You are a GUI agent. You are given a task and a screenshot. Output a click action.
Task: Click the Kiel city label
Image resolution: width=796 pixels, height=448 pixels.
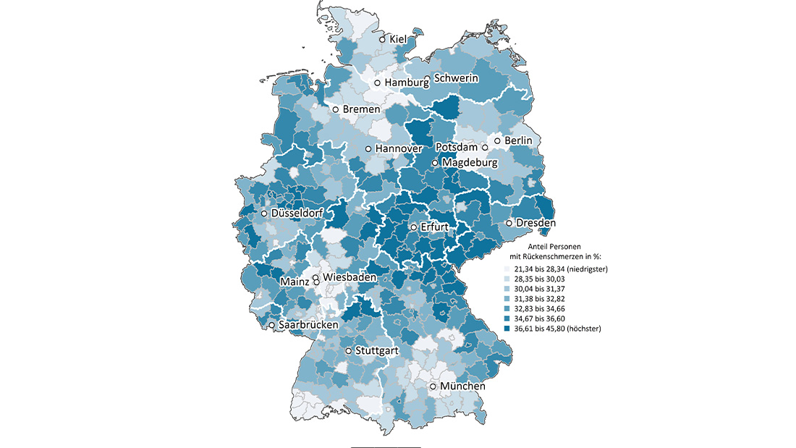click(x=399, y=39)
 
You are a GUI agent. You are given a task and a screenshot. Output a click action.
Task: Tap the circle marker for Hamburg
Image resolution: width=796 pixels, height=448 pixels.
click(x=377, y=83)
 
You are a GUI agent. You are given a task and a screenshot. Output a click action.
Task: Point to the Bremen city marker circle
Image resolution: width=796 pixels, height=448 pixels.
click(x=336, y=109)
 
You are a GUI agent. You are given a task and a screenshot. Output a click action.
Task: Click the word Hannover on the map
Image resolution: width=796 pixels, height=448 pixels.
click(x=398, y=148)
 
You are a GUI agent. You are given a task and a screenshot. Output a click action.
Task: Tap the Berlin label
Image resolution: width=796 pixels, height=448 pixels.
click(x=518, y=140)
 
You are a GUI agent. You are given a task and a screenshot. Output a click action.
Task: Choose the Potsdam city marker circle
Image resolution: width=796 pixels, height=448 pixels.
click(x=486, y=148)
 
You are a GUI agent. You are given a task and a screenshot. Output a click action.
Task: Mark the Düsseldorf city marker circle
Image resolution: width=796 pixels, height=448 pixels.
click(x=265, y=214)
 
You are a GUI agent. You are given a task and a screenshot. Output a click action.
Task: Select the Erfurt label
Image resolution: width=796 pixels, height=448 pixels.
click(x=433, y=227)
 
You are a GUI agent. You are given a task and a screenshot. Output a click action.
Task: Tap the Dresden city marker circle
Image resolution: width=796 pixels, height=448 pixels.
click(x=509, y=223)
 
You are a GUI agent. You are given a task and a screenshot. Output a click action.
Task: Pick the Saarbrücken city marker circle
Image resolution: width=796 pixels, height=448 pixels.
click(x=272, y=326)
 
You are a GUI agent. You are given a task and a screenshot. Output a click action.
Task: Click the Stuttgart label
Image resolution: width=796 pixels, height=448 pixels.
click(x=377, y=351)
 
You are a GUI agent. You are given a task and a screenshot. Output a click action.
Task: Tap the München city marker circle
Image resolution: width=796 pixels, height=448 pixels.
click(x=433, y=386)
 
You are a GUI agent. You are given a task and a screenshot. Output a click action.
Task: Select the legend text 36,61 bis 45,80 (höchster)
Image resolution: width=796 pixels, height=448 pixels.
click(x=559, y=329)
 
